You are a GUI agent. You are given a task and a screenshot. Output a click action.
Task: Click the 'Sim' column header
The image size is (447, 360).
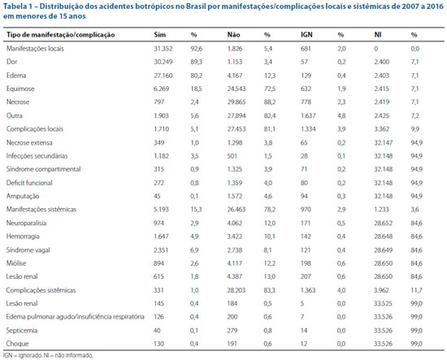pos(159,35)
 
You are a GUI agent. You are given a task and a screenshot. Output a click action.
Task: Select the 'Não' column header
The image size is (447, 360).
pos(233,35)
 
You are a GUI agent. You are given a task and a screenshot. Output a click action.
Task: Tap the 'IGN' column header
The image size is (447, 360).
pos(306,35)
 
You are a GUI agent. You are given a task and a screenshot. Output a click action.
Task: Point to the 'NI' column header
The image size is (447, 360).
pos(378,35)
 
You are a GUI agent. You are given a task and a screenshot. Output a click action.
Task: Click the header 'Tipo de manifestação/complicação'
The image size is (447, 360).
pos(61,35)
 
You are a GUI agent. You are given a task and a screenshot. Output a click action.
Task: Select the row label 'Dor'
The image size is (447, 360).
pos(11,62)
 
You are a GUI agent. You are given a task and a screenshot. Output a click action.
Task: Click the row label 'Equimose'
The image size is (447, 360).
pos(20,89)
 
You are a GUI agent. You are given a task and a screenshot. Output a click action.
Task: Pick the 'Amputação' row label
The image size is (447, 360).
pos(23,196)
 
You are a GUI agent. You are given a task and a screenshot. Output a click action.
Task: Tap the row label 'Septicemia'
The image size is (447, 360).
pos(22,331)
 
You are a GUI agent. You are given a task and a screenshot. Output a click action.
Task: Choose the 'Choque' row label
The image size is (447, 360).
pos(17,344)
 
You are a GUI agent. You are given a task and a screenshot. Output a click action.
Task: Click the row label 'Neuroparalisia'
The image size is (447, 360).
pos(26,223)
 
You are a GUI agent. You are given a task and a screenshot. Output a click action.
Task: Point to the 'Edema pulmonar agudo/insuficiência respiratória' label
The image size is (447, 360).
pos(76,317)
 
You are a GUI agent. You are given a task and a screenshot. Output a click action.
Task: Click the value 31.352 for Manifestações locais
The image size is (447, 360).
pos(163,49)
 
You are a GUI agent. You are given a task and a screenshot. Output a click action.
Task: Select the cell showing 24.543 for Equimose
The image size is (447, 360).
pos(237,89)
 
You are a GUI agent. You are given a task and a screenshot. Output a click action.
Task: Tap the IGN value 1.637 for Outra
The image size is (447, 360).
pos(308,115)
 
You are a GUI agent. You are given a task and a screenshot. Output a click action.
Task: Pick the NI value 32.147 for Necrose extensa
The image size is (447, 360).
pos(384,142)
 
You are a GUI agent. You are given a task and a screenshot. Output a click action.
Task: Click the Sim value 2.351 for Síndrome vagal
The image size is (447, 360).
pos(161,250)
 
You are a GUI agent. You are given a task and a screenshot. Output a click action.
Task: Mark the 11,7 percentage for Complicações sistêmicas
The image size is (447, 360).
pos(416,290)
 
